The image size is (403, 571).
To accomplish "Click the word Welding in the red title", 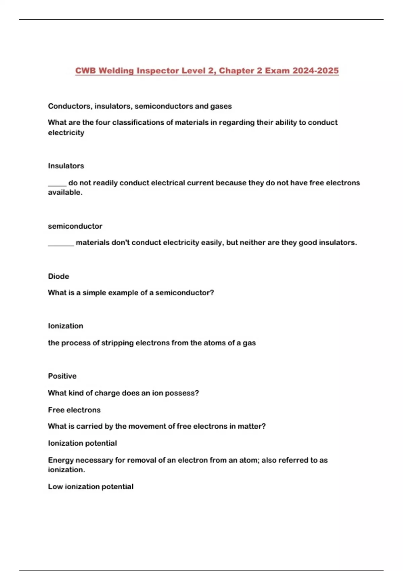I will pos(116,71).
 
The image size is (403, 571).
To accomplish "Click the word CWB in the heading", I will pos(86,71).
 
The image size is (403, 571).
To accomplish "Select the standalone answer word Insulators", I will pos(66,166).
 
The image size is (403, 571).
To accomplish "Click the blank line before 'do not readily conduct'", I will pos(57,184).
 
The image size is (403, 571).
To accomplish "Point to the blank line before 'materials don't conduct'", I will pos(61,244).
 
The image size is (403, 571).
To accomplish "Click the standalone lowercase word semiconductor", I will pos(75,226).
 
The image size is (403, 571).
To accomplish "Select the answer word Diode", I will pos(58,276).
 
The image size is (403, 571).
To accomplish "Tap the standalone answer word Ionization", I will pos(65,326).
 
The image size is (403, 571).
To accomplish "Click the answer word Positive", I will pos(62,376).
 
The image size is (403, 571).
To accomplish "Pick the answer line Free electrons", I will pos(74,410).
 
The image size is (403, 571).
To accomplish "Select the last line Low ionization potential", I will pos(91,487).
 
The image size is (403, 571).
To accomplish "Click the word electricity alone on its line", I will pos(66,133).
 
